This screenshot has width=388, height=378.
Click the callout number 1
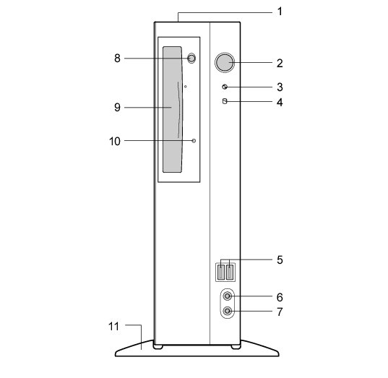[280, 12]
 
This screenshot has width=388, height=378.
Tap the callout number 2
[280, 64]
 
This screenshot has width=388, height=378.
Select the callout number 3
[280, 87]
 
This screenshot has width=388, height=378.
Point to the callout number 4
[280, 102]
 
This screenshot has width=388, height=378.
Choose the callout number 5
[280, 260]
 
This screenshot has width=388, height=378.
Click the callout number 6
[280, 297]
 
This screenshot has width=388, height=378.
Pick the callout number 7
[280, 312]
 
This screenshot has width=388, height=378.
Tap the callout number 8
[117, 59]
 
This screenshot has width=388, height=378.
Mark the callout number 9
[117, 108]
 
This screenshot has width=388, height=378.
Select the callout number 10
[115, 142]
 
